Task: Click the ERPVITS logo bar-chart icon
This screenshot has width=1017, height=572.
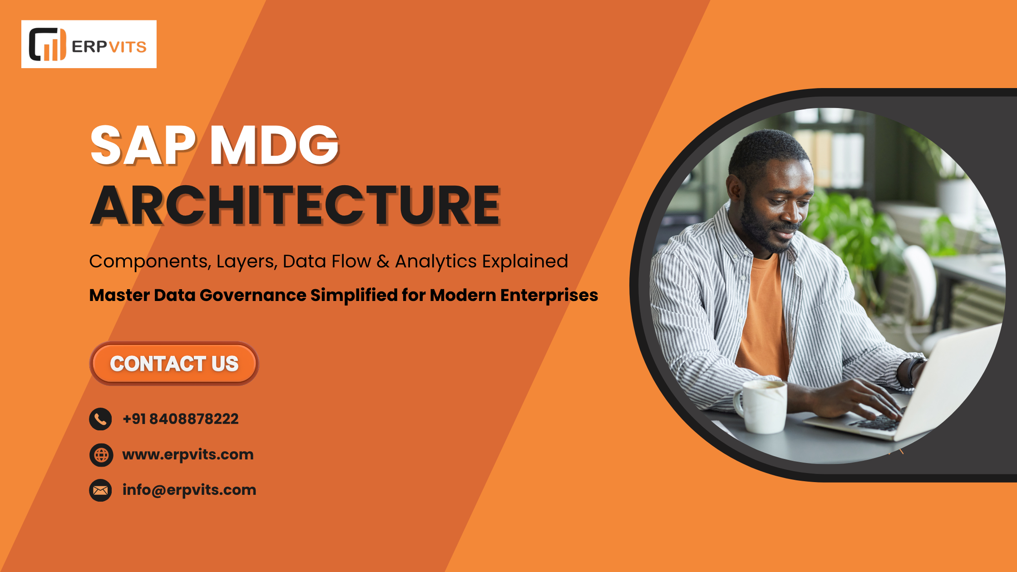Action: point(48,44)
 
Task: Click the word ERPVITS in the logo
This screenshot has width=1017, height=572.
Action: point(109,47)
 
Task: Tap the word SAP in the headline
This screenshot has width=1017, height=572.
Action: point(143,145)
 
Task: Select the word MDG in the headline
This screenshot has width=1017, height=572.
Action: point(274,145)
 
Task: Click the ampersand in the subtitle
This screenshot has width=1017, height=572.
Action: point(383,261)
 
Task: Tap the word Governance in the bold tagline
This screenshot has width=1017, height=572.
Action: point(253,295)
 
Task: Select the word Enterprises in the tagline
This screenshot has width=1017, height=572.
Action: point(549,296)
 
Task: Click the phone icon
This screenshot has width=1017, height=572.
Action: point(100,419)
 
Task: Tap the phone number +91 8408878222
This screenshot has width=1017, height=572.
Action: point(181,419)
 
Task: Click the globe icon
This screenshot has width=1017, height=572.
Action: point(101,455)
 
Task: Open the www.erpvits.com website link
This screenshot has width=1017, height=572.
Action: point(188,454)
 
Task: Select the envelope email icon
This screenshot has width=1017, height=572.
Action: point(100,490)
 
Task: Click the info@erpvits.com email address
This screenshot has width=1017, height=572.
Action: point(189,490)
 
